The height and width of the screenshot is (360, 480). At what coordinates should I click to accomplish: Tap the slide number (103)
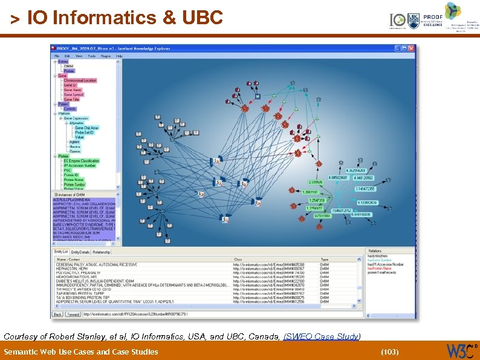coord(390,352)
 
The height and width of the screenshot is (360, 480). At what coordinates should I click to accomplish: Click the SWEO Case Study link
coord(321,336)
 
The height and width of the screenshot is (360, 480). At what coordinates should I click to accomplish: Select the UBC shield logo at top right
coord(414,20)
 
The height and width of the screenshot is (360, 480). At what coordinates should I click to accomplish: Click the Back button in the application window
coord(58,314)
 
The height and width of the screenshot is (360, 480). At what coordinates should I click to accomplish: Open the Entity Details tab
coord(80,252)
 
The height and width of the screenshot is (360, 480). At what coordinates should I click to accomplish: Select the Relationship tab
coord(102,252)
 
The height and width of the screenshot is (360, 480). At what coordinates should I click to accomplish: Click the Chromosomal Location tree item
coord(80,80)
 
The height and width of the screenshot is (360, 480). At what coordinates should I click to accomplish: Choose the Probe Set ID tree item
coord(85,133)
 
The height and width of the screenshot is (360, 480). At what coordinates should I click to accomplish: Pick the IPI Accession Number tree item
coord(80,165)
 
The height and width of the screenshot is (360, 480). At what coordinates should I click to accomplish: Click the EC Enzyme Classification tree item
coord(81,160)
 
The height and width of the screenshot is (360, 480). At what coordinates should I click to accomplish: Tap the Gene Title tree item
coord(72,99)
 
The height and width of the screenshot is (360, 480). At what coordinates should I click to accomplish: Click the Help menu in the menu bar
coord(119,56)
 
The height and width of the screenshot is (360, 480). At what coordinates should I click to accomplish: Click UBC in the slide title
coord(201,18)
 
